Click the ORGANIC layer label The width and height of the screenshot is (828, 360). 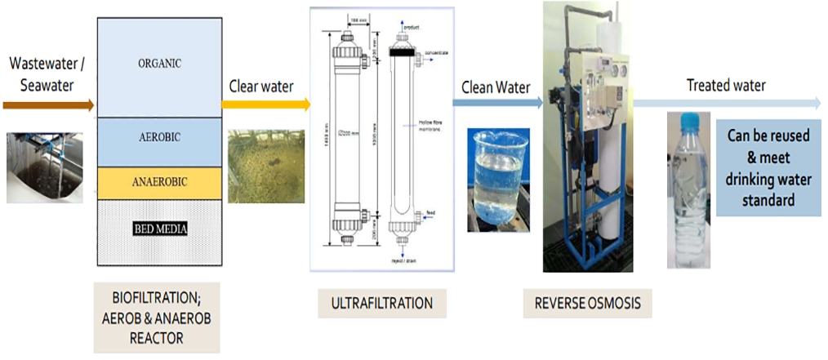pyautogui.click(x=160, y=63)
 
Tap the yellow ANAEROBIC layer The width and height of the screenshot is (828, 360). pyautogui.click(x=160, y=182)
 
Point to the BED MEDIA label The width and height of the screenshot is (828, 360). pyautogui.click(x=160, y=229)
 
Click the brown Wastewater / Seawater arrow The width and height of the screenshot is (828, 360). pyautogui.click(x=49, y=104)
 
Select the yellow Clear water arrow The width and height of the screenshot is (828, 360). pyautogui.click(x=266, y=104)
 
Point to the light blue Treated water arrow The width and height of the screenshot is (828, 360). pyautogui.click(x=727, y=103)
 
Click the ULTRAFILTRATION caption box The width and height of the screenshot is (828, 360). pyautogui.click(x=381, y=303)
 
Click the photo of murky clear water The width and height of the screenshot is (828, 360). pyautogui.click(x=265, y=167)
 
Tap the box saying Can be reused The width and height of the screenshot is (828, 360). pyautogui.click(x=768, y=167)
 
